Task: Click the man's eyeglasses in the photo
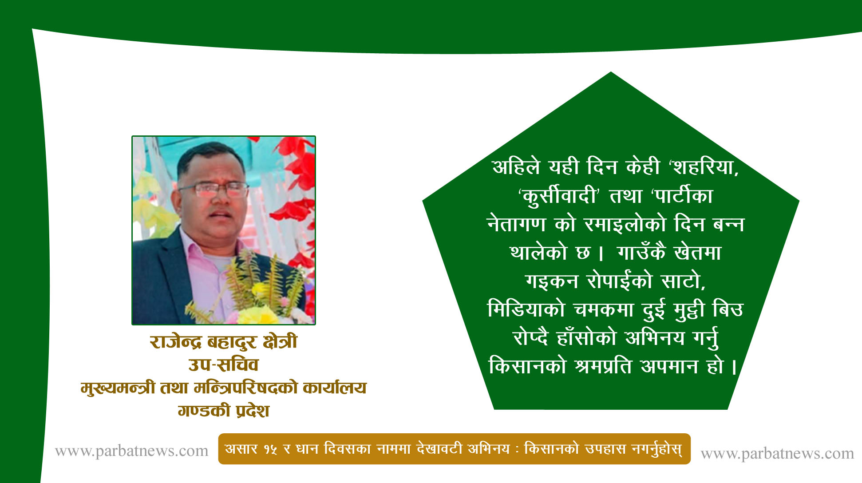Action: [214, 190]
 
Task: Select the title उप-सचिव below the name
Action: [223, 365]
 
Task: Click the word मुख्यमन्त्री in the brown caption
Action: [118, 388]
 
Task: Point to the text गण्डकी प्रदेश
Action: [223, 411]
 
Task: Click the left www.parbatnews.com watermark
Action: [131, 451]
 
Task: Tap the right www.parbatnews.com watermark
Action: [777, 453]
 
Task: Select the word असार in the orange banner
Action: [241, 449]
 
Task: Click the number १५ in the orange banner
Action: [271, 449]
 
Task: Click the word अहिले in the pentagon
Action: [516, 167]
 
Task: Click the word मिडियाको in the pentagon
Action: [526, 309]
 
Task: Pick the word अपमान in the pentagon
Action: [669, 366]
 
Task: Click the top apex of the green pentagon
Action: [611, 72]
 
